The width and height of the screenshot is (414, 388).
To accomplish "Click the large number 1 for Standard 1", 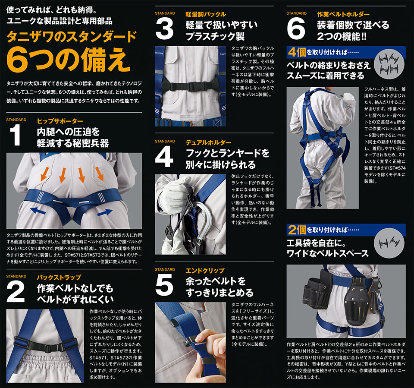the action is coord(16,135).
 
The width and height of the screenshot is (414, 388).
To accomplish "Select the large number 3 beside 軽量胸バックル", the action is coord(164,29).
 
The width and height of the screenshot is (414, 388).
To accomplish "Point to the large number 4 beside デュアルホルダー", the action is coord(164,157).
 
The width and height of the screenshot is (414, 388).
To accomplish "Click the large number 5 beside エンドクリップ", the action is coord(164,285).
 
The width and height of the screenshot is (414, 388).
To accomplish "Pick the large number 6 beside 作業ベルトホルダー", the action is coord(296,29).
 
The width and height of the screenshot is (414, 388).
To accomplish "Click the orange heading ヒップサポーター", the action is coord(60,121).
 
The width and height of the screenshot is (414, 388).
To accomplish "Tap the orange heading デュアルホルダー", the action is coord(208,143).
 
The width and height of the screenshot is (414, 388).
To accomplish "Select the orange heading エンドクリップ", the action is coord(205,271).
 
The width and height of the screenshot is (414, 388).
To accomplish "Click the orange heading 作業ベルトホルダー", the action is coord(343,14).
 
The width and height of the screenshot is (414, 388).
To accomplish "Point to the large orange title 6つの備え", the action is coord(68,60).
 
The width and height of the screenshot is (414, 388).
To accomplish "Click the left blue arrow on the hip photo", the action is coord(38,211).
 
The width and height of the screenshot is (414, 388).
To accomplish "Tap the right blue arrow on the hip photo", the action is coord(105,212).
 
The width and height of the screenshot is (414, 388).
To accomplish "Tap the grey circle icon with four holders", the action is coord(389,64).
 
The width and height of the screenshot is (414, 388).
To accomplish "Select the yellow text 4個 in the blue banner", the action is coord(297,52).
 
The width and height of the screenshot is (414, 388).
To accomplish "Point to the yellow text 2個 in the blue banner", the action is coord(297,230).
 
